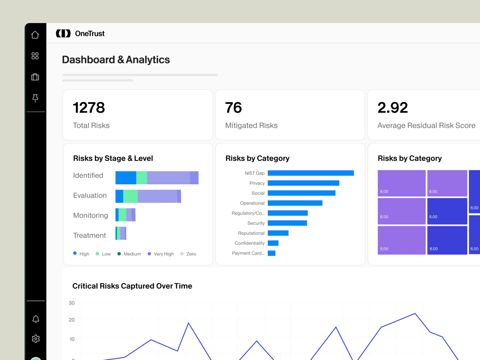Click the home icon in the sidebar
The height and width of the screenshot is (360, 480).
click(35, 35)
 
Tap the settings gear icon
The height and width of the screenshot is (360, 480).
click(35, 338)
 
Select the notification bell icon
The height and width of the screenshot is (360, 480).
click(35, 319)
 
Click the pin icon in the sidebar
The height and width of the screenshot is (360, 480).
click(35, 98)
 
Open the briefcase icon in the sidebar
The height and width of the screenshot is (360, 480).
click(35, 77)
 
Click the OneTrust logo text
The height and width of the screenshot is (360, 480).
click(90, 33)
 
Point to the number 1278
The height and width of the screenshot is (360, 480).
click(89, 108)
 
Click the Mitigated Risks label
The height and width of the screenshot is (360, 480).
click(251, 125)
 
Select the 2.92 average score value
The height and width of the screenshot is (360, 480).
click(392, 108)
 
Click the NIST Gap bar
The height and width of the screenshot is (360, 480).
click(310, 173)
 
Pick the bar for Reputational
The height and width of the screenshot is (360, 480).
click(278, 233)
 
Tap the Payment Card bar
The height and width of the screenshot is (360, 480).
click(272, 253)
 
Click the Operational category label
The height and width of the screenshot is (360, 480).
click(252, 203)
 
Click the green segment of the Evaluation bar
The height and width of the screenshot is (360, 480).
click(130, 196)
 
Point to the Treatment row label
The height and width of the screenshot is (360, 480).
click(89, 235)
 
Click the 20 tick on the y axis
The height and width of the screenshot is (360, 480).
click(72, 320)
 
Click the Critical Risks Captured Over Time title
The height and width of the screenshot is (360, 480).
click(132, 286)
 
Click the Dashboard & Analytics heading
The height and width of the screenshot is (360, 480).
click(116, 60)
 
